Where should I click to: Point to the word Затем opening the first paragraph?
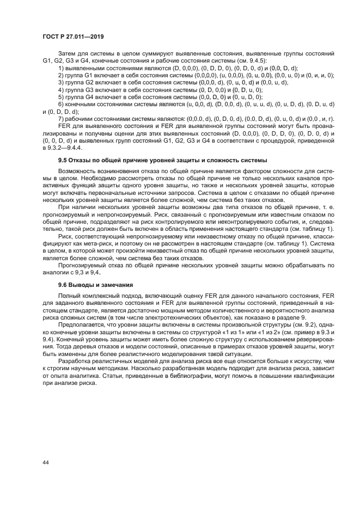[67, 53]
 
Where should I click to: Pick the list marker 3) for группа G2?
[61, 82]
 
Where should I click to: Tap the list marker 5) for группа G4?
[61, 96]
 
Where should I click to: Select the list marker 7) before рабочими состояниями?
[61, 119]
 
